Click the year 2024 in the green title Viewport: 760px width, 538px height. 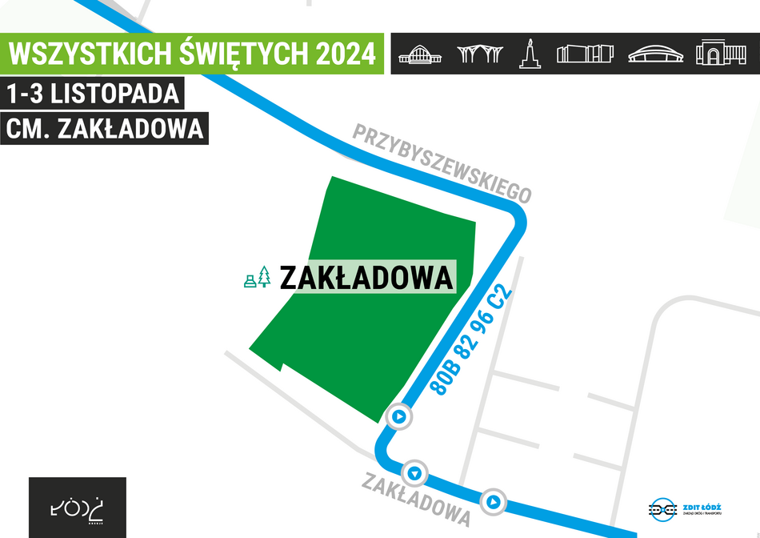tap(346, 54)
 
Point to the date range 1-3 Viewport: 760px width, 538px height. tap(25, 94)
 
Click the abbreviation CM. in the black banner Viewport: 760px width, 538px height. tap(29, 129)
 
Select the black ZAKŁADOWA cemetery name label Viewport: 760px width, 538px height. tap(366, 278)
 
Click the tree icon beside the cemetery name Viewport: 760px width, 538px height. tap(264, 277)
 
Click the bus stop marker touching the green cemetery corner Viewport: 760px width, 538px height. tap(398, 416)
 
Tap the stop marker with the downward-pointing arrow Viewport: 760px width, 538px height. tap(414, 472)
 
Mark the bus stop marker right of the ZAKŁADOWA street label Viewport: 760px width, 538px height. tap(494, 502)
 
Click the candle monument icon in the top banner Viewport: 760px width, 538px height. tap(527, 54)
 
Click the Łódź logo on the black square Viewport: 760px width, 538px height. tap(78, 508)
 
